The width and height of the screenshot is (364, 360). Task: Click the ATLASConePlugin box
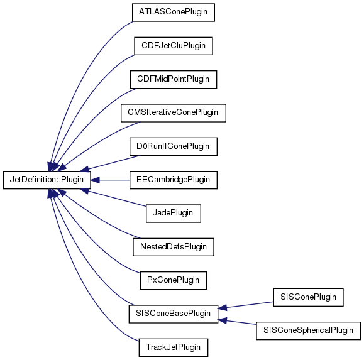click(x=174, y=13)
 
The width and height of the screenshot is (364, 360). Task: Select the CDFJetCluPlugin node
click(x=174, y=46)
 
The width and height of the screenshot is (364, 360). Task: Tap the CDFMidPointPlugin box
click(x=174, y=80)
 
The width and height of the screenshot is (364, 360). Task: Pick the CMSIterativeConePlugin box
click(x=174, y=113)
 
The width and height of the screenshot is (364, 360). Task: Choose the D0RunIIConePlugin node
click(x=174, y=146)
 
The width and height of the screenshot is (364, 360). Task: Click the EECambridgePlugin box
click(x=174, y=180)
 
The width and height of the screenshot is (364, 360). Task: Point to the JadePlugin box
click(x=174, y=214)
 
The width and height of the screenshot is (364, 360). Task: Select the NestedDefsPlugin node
click(x=174, y=247)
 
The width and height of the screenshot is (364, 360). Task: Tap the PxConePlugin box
click(x=174, y=280)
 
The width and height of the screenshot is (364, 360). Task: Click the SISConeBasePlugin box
click(x=174, y=314)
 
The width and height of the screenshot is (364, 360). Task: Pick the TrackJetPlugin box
click(x=174, y=347)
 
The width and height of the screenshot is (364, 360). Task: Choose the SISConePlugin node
click(x=308, y=297)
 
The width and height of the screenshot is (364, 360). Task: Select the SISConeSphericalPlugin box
click(x=308, y=330)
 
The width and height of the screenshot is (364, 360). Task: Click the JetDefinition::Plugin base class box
click(x=47, y=180)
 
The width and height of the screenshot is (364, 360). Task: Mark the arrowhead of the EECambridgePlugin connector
click(x=95, y=180)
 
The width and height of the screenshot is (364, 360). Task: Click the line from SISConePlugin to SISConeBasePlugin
click(x=246, y=305)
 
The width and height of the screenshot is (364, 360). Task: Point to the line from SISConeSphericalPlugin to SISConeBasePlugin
click(x=237, y=322)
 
